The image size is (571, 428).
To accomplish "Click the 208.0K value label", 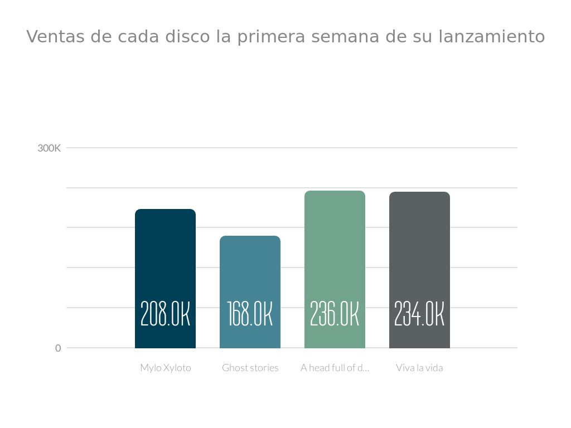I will click(x=165, y=314).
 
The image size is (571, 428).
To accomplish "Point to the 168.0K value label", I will click(x=250, y=314).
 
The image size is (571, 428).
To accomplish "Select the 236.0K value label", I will click(x=335, y=314).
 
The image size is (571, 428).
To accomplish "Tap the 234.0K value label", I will click(x=419, y=314).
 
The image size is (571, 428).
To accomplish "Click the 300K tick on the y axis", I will click(x=49, y=148).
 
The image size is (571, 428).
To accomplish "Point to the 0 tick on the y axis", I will click(x=58, y=348).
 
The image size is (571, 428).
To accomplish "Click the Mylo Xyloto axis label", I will click(x=166, y=368).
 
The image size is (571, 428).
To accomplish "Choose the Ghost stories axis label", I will click(x=250, y=368).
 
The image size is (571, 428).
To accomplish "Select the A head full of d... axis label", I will click(x=335, y=368).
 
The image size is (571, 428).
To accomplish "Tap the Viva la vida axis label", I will click(x=419, y=368).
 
